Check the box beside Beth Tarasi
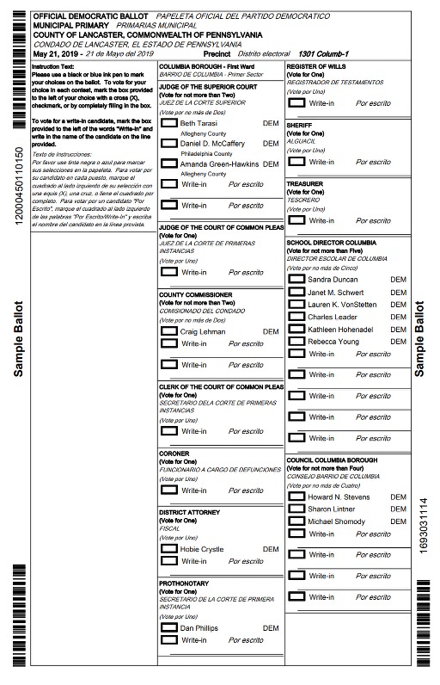pos(169,124)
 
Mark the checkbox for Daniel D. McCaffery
pos(169,144)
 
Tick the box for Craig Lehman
pos(169,331)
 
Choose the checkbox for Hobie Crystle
pos(169,548)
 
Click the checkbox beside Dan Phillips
pos(169,628)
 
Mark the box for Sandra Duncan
pos(296,280)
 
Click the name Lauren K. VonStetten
pos(342,305)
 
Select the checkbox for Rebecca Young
pos(296,342)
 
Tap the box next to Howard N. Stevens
pos(296,497)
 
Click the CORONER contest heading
pos(174,454)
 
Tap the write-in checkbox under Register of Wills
pos(296,102)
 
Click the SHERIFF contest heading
pos(300,124)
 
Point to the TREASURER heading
pos(305,183)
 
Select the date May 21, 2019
pos(57,53)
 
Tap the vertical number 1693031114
pos(421,527)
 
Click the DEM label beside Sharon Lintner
pos(398,509)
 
